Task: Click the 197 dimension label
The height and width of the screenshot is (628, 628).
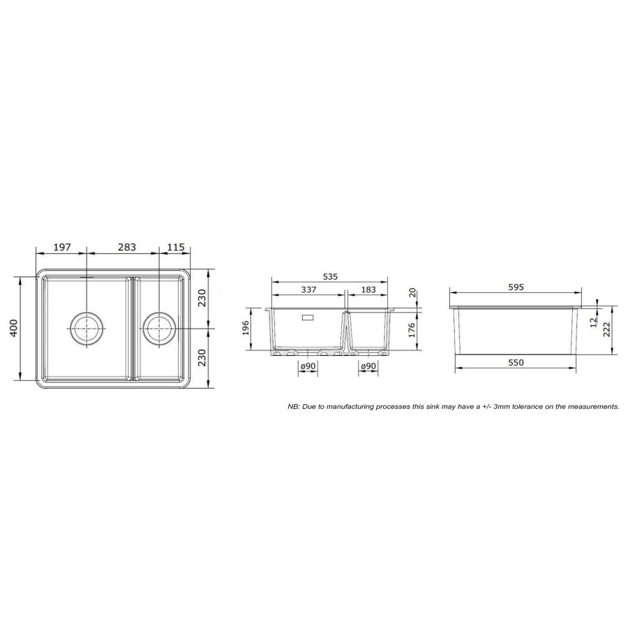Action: coord(62,248)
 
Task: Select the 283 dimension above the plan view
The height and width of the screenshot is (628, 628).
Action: coord(127,248)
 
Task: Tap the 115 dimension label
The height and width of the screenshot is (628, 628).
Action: coord(175,248)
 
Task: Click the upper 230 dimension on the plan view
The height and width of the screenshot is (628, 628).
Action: coord(202,298)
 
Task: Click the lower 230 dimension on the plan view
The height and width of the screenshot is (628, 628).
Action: coord(202,356)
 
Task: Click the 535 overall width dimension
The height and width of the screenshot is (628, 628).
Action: coord(330,277)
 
